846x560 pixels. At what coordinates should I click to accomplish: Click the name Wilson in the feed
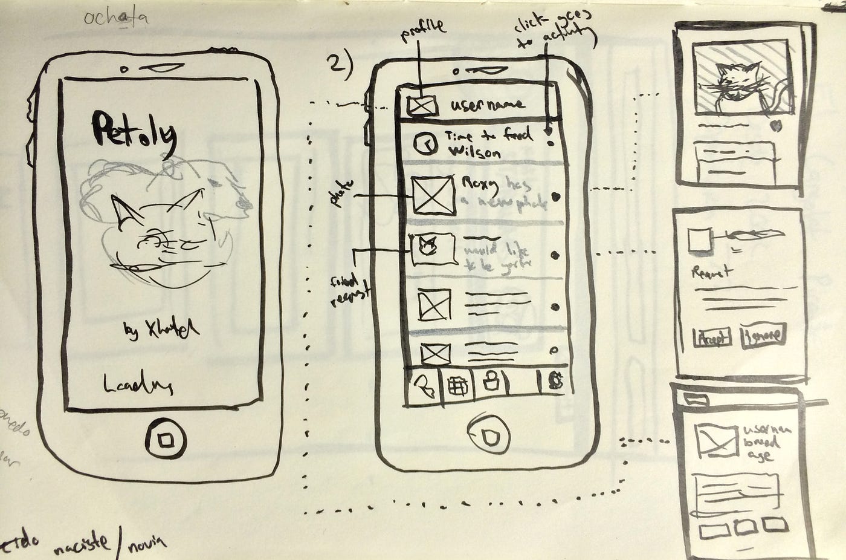click(475, 152)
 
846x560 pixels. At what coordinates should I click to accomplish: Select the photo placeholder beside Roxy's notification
click(433, 195)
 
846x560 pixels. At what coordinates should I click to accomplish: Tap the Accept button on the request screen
click(712, 336)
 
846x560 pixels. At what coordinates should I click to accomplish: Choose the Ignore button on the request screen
click(763, 335)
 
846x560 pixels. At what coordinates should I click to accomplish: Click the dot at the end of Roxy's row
click(554, 196)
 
